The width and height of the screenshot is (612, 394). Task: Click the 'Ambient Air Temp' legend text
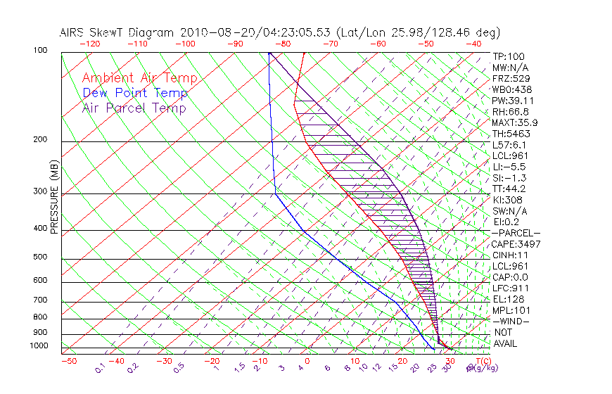(139, 79)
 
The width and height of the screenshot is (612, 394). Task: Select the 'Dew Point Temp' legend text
(135, 94)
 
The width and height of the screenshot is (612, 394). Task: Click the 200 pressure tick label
(41, 140)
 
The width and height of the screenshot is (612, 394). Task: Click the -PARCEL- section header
(516, 233)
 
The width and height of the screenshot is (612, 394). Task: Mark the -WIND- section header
(511, 321)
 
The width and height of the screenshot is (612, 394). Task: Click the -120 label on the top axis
(89, 44)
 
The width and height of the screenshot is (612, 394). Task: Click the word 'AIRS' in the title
(73, 32)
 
